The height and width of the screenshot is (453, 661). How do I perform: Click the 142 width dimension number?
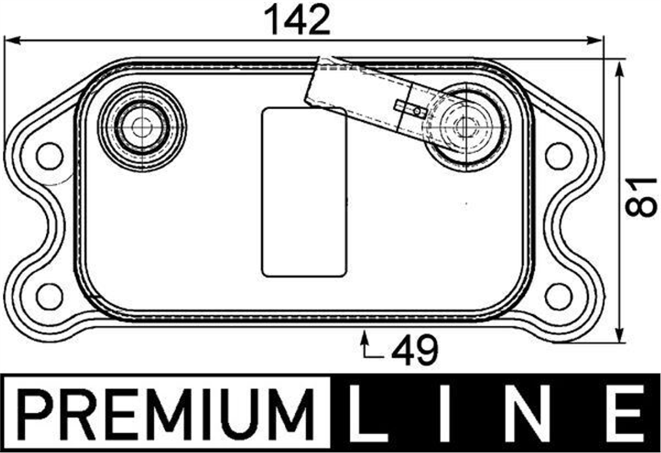coord(297,20)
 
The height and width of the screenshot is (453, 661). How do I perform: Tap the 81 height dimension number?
coord(641,197)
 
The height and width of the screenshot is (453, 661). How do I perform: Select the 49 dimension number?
coord(415,349)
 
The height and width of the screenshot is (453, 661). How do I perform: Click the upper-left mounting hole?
coord(50,156)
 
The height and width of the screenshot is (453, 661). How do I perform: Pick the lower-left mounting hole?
coord(50,296)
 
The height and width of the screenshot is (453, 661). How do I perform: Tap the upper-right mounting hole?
coord(559,156)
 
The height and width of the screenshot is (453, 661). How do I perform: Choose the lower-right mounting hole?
coord(559,296)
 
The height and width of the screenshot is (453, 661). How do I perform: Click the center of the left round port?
coord(142,127)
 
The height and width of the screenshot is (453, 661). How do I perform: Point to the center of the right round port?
coord(465,127)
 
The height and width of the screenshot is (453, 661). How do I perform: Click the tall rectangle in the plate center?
coord(304,192)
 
